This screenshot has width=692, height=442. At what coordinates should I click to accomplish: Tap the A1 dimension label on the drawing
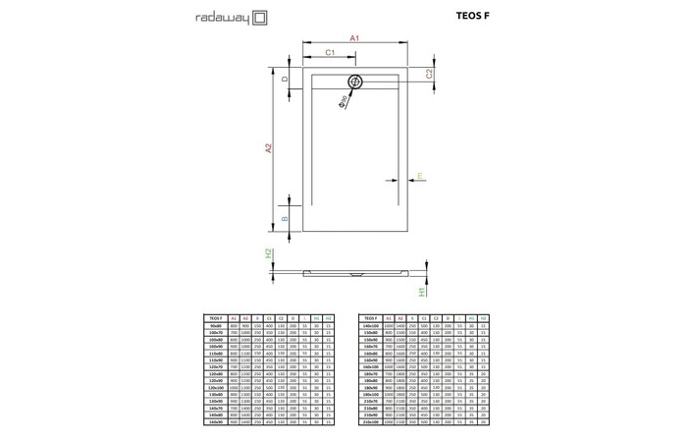[355, 38]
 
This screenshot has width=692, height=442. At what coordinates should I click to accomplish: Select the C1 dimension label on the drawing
[331, 51]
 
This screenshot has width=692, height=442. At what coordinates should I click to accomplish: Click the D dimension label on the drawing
[285, 79]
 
